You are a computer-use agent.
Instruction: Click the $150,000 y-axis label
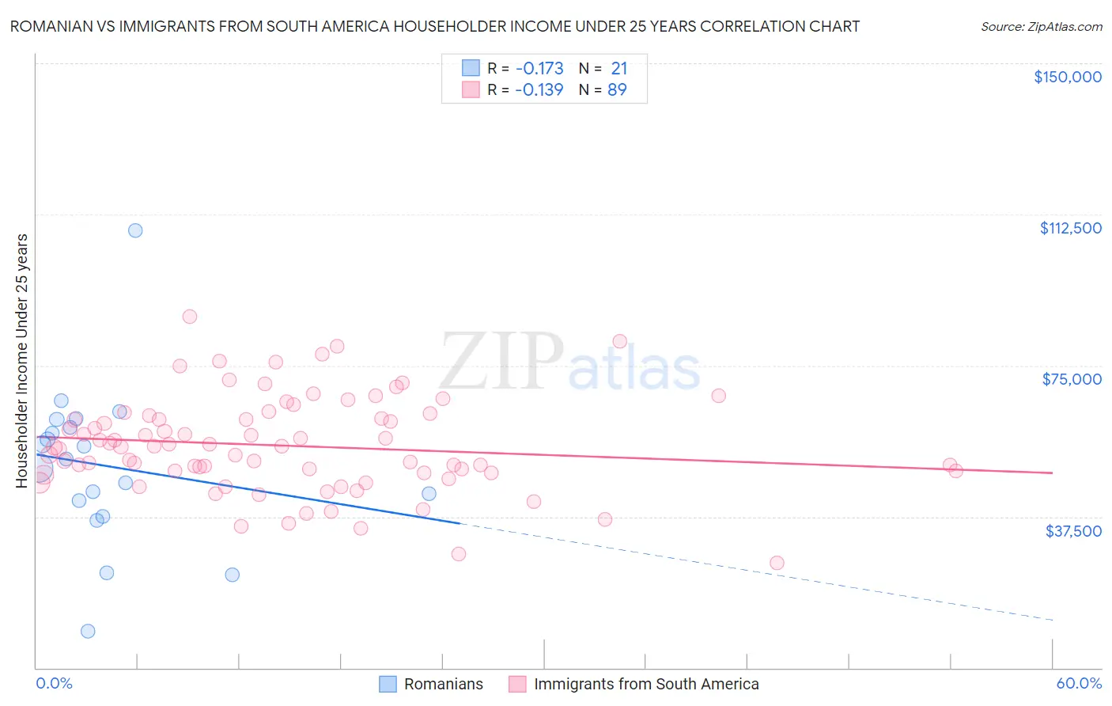(x=1067, y=77)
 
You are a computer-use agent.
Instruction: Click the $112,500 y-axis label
(x=1069, y=228)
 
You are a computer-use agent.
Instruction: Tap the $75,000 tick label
(x=1071, y=379)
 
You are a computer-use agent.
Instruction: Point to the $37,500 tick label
(x=1072, y=531)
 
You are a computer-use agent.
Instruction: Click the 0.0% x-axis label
(x=54, y=683)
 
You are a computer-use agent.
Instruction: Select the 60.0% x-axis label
(x=1078, y=683)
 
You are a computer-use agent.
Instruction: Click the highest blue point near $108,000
(x=135, y=230)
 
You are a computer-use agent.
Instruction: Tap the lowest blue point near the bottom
(x=88, y=631)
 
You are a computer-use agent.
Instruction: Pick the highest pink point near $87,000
(x=189, y=317)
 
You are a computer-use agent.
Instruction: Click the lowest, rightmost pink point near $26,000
(x=777, y=563)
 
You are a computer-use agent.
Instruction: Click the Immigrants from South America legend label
(x=645, y=684)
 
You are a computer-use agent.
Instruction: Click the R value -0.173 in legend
(x=539, y=69)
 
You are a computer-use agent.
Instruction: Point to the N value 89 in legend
(x=617, y=90)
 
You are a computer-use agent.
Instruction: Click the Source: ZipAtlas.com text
(x=1041, y=27)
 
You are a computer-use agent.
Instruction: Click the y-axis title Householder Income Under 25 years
(x=22, y=360)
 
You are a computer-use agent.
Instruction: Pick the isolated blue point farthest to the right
(x=429, y=494)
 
